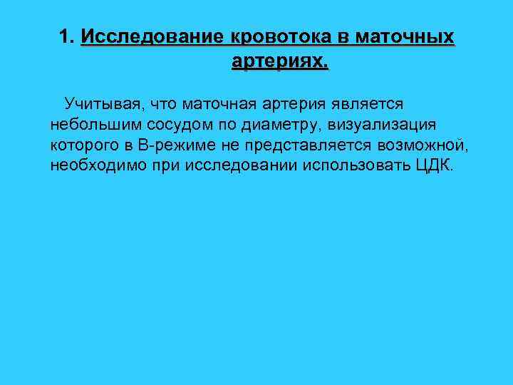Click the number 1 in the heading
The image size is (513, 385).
[x=65, y=36]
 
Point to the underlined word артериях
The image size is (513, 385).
[x=280, y=62]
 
